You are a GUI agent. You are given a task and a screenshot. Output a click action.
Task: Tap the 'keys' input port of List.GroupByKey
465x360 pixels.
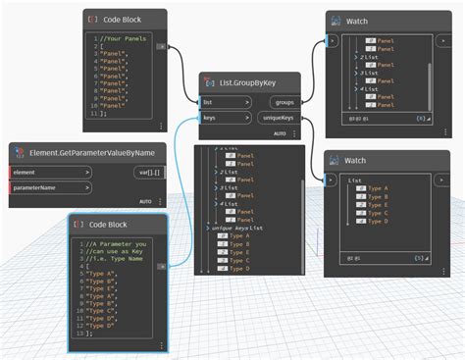point(224,118)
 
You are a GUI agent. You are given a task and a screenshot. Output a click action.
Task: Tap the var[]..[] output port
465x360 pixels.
point(149,173)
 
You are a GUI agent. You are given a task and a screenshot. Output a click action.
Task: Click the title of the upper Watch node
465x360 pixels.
point(355,21)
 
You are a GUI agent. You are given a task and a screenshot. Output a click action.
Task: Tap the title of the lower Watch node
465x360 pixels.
point(355,159)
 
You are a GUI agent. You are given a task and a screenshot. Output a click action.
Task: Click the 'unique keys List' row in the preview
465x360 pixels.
point(249,227)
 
